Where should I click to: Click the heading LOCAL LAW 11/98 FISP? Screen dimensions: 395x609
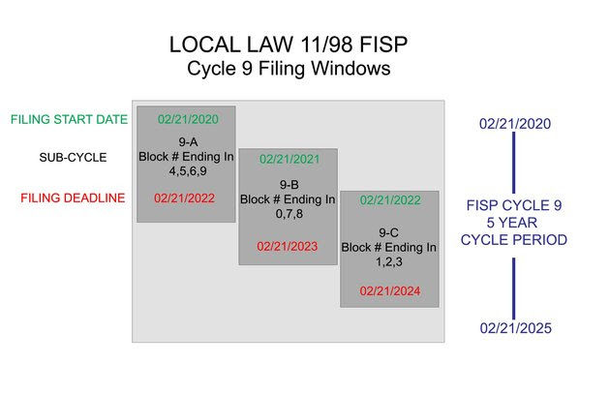288,45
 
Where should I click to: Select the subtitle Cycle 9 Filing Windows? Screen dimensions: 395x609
288,70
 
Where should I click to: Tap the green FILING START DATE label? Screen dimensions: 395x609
69,120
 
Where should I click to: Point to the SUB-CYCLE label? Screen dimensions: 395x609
74,157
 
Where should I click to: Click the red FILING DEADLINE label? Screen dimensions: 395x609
74,198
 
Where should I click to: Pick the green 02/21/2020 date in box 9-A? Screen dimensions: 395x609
188,119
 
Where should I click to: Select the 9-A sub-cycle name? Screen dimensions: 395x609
188,142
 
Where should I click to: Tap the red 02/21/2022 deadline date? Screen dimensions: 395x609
188,197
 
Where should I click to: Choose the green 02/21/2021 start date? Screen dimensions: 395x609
289,160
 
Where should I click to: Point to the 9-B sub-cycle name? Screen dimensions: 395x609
289,184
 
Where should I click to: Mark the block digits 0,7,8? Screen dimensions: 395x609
289,214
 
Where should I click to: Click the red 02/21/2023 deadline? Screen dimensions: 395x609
289,246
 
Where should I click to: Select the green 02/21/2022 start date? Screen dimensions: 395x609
389,200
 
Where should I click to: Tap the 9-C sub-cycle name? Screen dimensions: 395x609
389,232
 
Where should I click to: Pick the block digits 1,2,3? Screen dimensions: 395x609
389,262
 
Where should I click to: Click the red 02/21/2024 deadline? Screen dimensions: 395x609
389,289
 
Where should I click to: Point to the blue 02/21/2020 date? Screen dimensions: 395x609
514,124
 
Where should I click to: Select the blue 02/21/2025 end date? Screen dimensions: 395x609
514,329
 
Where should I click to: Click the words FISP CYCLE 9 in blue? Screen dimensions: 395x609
514,205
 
